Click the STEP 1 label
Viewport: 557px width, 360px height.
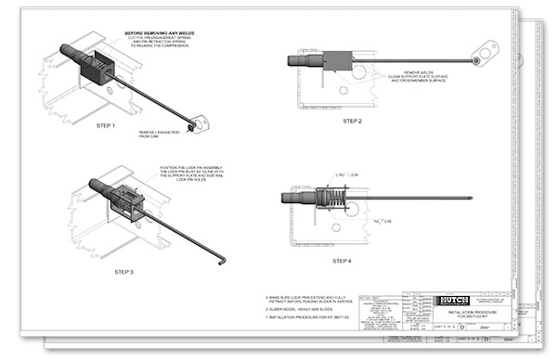tap(106, 125)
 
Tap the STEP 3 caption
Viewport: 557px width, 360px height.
tap(125, 271)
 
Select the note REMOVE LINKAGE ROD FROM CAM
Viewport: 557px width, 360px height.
tap(162, 135)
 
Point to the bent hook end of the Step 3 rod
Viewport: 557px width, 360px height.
tap(223, 258)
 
